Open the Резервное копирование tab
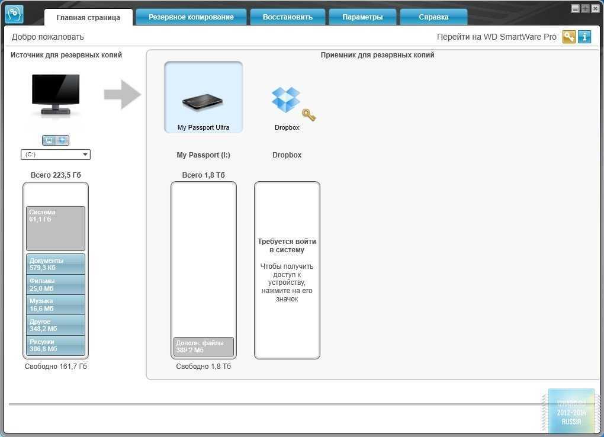[x=191, y=17]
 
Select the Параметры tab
[x=362, y=17]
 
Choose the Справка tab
[x=433, y=17]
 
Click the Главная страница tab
[x=88, y=18]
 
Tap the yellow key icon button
[x=569, y=37]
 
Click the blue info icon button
[x=584, y=37]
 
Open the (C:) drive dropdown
[x=56, y=155]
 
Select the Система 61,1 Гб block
[x=56, y=228]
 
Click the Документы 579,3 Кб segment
[x=56, y=264]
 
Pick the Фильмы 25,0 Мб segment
[x=56, y=285]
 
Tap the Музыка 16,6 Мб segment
[x=56, y=305]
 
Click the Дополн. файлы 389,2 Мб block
[x=204, y=346]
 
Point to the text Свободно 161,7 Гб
[x=56, y=367]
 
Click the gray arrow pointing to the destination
[x=123, y=95]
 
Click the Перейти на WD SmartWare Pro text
[x=496, y=37]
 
